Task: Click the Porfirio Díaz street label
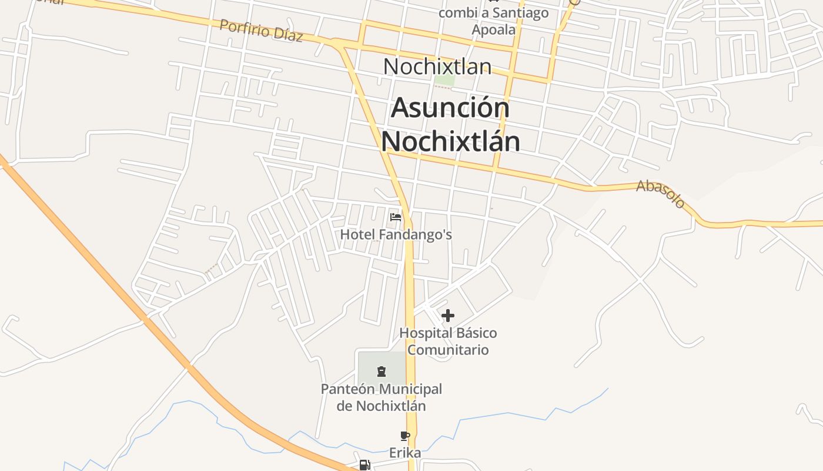261,31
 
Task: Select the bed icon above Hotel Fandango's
396,217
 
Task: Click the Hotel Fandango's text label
396,234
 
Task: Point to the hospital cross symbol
448,316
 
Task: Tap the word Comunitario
448,350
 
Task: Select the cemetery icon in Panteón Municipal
382,371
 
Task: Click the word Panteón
348,389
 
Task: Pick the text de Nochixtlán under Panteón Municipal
381,406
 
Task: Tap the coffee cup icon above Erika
404,436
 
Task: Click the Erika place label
405,453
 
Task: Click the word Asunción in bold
450,108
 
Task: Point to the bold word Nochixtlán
450,141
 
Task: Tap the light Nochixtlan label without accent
437,67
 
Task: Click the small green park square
444,80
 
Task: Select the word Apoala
494,29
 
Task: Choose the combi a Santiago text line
494,13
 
